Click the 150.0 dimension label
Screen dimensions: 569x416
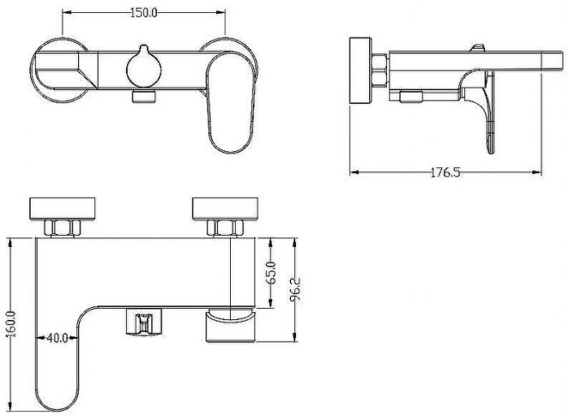pos(144,13)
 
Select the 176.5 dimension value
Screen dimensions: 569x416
pos(445,172)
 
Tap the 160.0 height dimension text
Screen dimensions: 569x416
pos(11,324)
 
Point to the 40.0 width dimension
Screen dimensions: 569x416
pos(58,338)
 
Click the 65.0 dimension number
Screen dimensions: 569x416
pos(271,273)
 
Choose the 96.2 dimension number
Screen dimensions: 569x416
pos(295,289)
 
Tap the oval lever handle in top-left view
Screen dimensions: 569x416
pos(230,102)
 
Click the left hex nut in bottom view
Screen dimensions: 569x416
pos(62,227)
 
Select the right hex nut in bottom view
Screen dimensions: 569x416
pos(225,227)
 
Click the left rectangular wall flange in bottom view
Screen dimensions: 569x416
pos(62,209)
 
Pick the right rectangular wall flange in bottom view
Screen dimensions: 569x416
pos(225,209)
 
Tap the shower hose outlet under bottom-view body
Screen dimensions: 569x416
pos(144,322)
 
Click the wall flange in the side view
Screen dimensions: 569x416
pos(360,71)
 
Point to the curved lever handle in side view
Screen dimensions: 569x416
pos(477,109)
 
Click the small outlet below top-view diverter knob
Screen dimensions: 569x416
pos(144,97)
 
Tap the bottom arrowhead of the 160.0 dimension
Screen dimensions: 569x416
pos(11,407)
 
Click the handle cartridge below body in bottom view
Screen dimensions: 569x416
pos(231,325)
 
